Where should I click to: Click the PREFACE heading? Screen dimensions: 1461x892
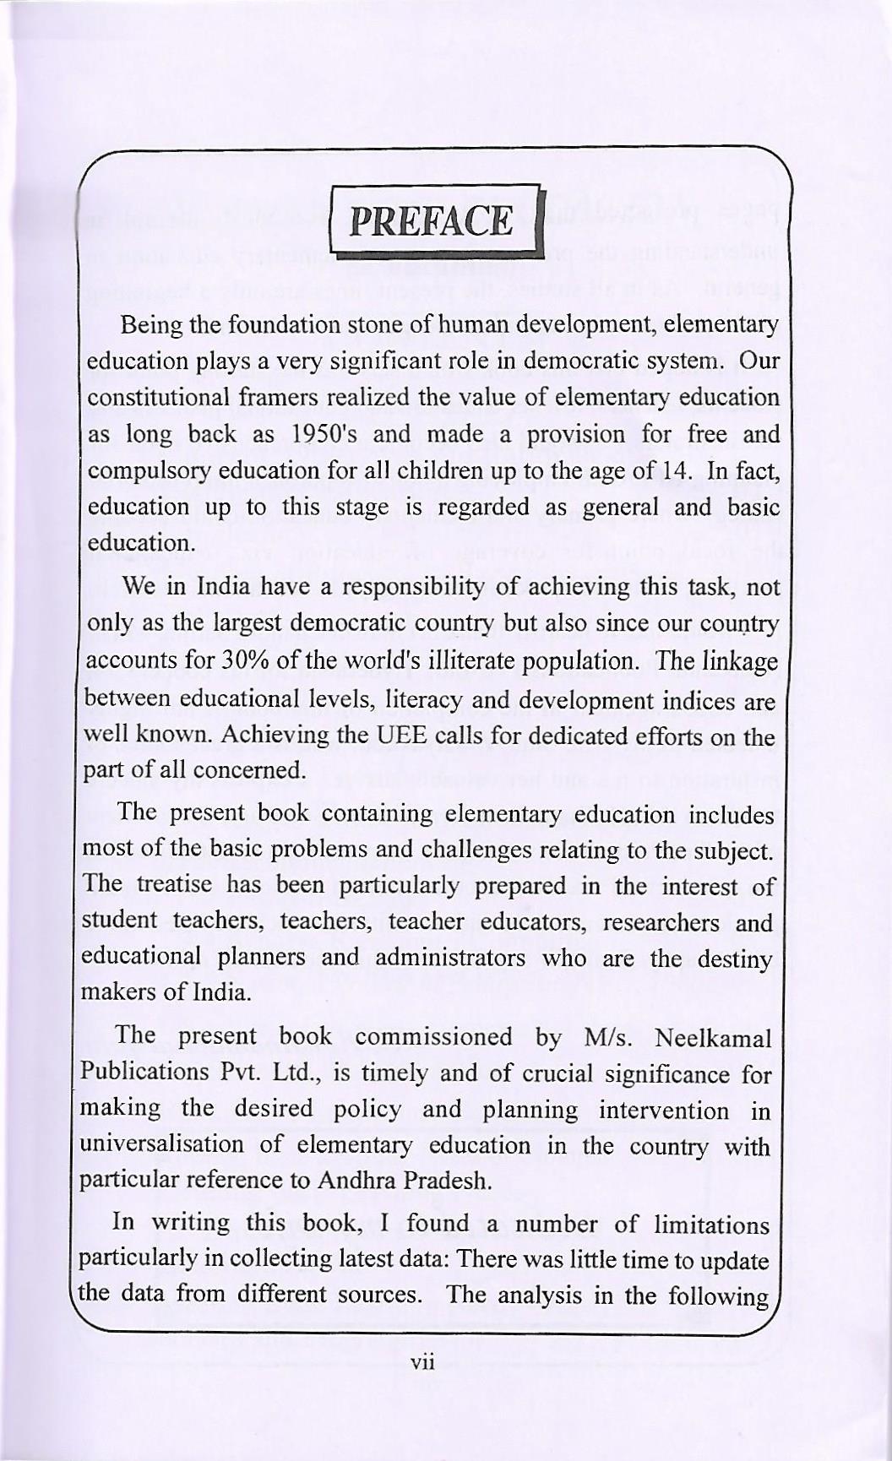coord(432,221)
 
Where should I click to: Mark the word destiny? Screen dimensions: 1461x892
coord(734,959)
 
